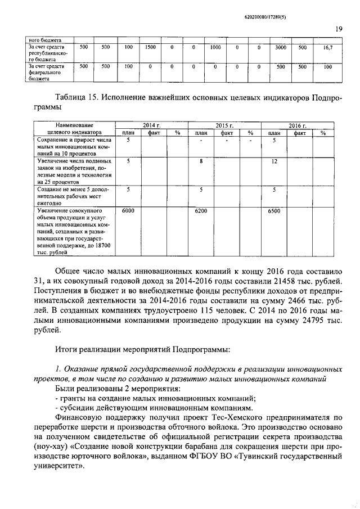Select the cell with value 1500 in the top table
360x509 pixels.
pos(151,48)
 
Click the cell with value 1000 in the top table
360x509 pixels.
pos(215,48)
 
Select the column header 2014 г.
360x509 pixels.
pos(151,125)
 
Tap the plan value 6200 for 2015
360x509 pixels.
pos(201,210)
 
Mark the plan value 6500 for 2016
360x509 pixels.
pos(274,210)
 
